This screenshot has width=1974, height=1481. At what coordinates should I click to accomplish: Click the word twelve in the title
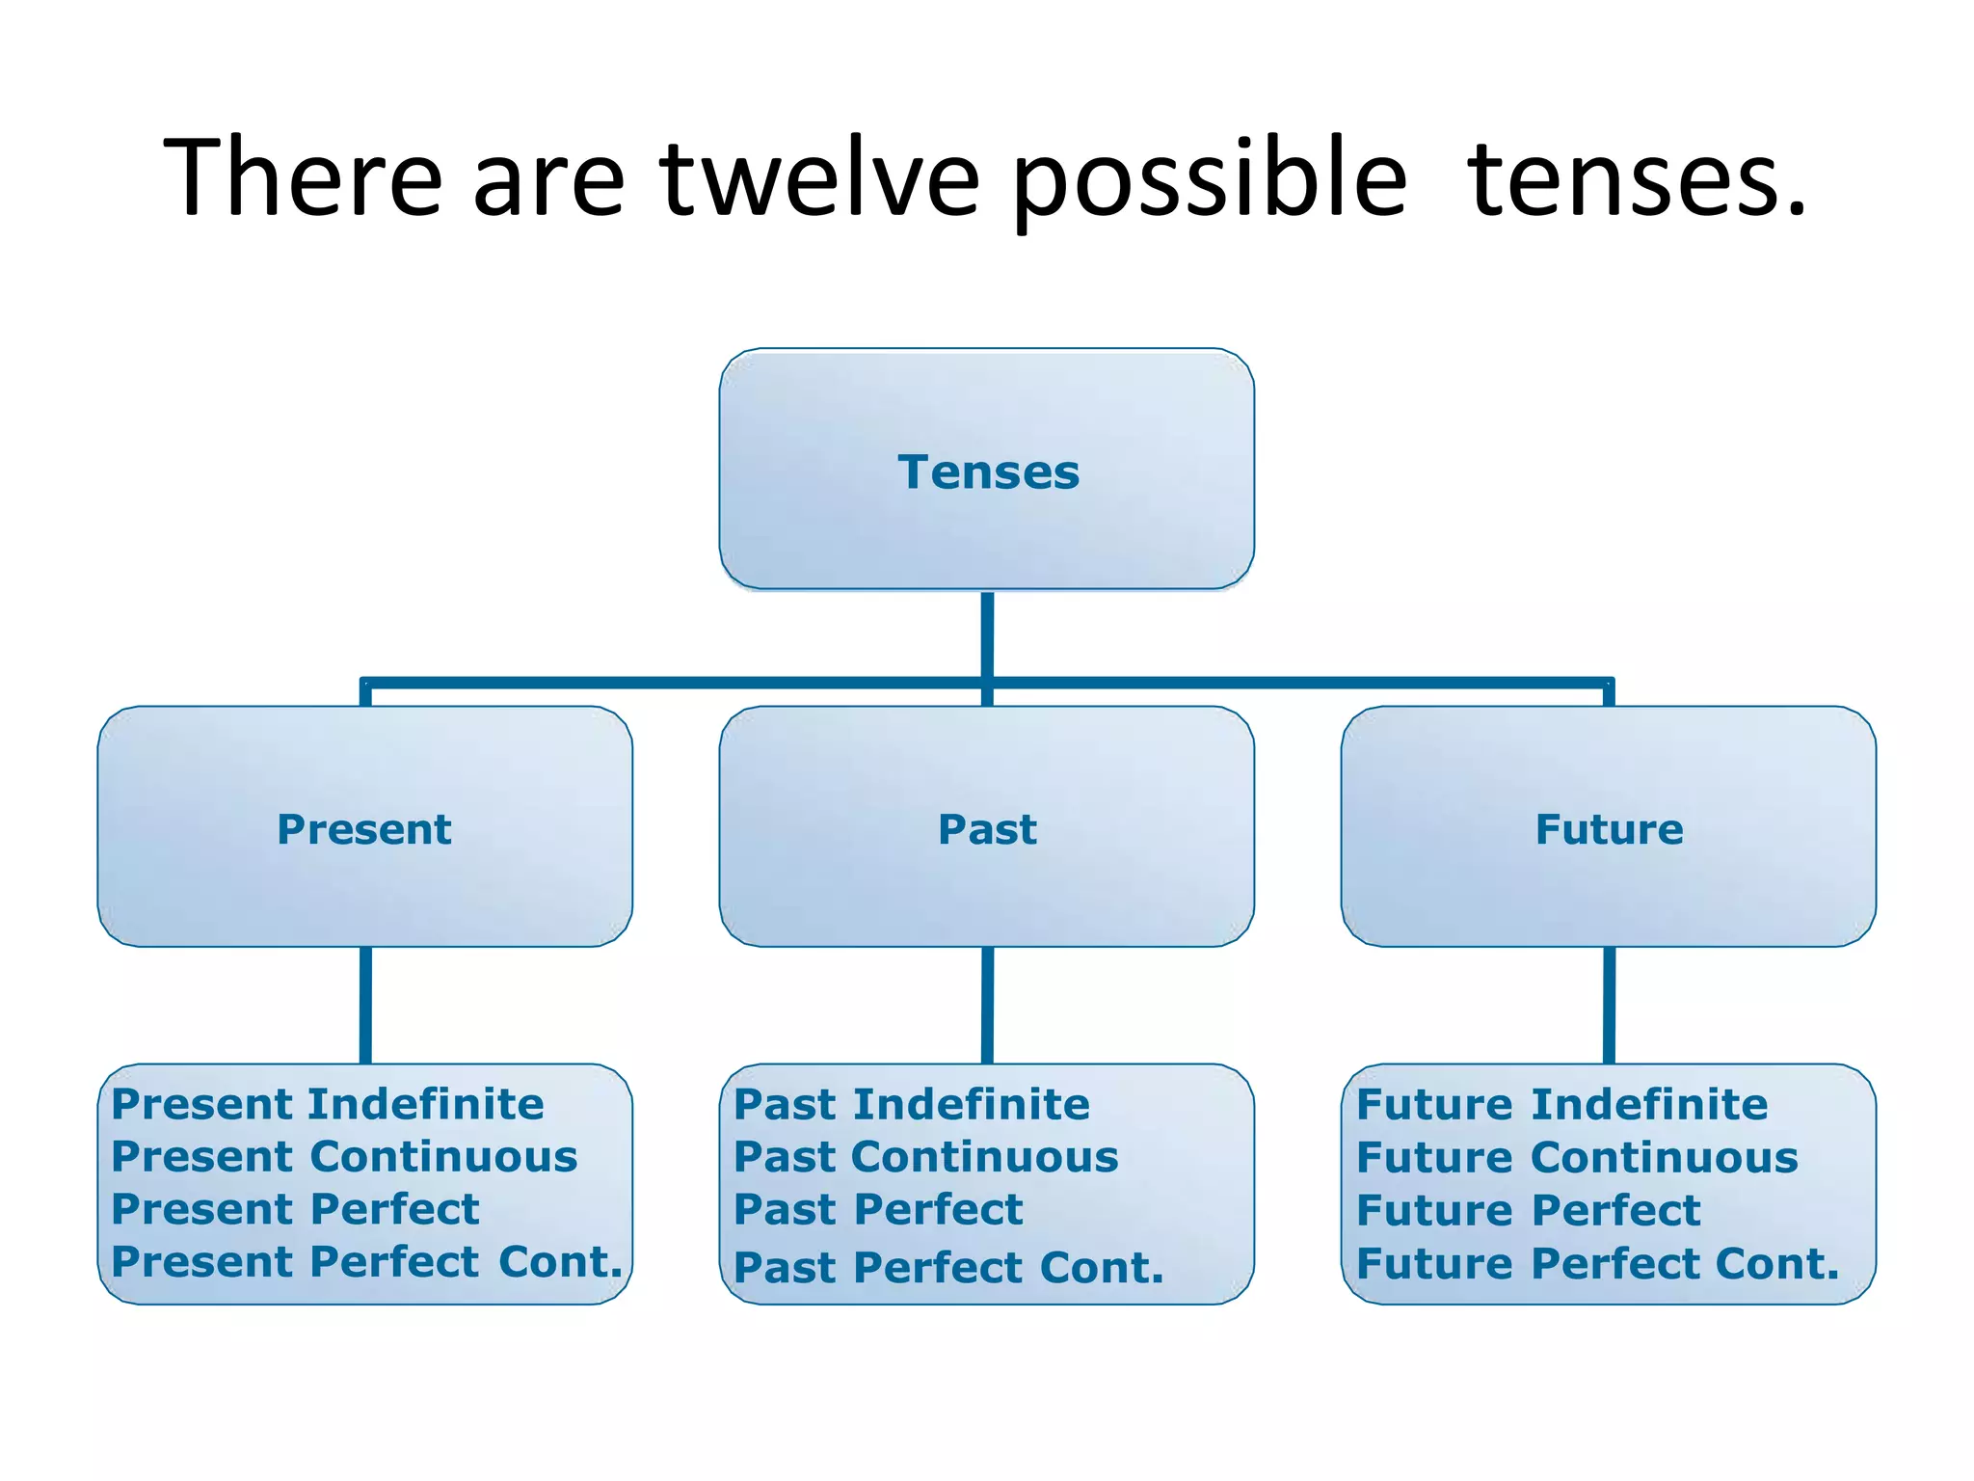819,177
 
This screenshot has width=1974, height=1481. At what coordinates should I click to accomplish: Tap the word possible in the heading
1210,179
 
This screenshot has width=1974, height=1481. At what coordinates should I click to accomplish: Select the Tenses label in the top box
988,472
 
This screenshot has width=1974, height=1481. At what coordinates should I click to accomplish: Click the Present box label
364,829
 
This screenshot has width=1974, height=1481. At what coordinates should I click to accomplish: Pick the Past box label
988,829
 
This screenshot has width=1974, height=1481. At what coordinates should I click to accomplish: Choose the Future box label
1609,829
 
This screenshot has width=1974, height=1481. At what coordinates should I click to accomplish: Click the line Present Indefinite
328,1104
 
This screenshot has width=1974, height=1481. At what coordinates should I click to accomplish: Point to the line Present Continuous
344,1157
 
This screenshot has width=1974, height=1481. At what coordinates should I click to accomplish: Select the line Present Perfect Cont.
367,1262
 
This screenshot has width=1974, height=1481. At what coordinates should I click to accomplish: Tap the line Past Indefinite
912,1104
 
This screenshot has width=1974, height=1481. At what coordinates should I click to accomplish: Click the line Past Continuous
926,1157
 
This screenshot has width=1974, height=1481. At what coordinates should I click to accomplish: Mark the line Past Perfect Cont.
949,1268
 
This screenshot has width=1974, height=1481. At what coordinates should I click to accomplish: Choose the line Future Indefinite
1562,1104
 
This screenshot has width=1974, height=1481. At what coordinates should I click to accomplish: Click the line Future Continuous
1577,1157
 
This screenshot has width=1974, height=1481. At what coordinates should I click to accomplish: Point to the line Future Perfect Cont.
1598,1263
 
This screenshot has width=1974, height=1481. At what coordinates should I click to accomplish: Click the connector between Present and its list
365,1005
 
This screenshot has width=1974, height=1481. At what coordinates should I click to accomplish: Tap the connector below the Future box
1609,1005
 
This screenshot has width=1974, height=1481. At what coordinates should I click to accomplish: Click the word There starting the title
303,177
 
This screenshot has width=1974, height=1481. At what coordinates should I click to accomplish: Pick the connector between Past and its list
987,1005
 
